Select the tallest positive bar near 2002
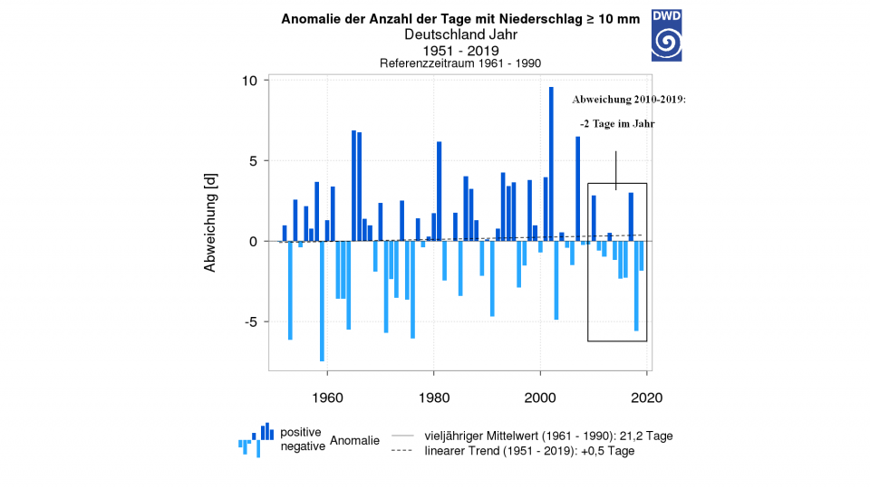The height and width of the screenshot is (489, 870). coord(551,163)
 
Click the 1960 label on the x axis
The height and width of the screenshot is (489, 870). coord(326,398)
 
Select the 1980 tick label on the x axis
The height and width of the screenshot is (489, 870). coord(433,398)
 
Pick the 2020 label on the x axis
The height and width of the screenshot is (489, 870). coord(647,398)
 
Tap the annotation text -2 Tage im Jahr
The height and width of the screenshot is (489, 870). coord(617,123)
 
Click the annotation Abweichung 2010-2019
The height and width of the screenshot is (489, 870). coord(629,100)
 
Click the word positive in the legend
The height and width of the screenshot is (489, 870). coord(300,432)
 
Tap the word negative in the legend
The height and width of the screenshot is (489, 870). coord(302,446)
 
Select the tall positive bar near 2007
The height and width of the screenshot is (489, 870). coord(577,189)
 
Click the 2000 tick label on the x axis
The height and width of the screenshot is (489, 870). coord(540,398)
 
